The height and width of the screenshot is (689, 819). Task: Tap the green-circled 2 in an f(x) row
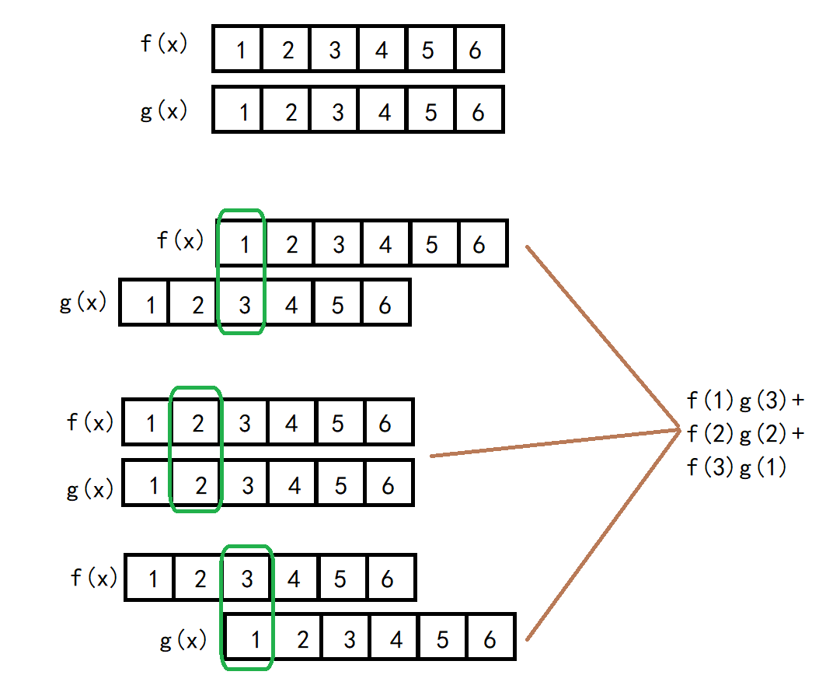198,424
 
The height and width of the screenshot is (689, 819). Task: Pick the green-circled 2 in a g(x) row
200,487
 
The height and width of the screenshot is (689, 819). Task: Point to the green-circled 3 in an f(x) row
247,579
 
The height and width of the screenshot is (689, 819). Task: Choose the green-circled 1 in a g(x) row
256,641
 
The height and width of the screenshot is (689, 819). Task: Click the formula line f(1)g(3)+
745,401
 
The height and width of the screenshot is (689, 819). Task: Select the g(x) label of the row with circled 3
83,302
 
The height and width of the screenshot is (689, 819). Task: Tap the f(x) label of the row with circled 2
90,422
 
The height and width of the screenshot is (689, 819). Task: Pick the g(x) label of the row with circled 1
183,641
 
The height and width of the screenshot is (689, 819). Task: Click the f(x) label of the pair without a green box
163,43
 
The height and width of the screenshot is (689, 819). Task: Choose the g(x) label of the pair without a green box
163,110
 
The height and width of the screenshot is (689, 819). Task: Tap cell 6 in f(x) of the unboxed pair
476,51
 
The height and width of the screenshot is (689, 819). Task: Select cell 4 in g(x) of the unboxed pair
384,113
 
